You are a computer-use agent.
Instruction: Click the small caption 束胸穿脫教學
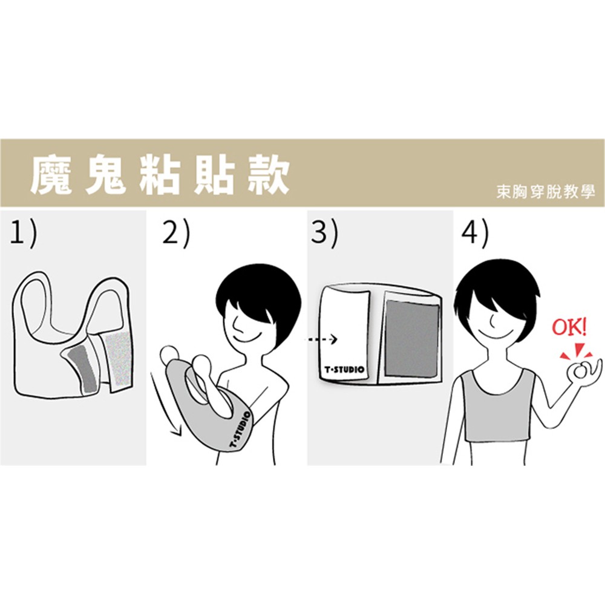pos(546,192)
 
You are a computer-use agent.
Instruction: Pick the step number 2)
pos(176,233)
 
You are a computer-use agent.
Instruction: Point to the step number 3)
pos(324,233)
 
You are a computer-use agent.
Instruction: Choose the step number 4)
pos(475,233)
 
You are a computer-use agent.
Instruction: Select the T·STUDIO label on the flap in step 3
pos(344,370)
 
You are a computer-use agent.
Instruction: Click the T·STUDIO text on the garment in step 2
pos(240,430)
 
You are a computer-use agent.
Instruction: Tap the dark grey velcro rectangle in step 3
pos(412,338)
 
